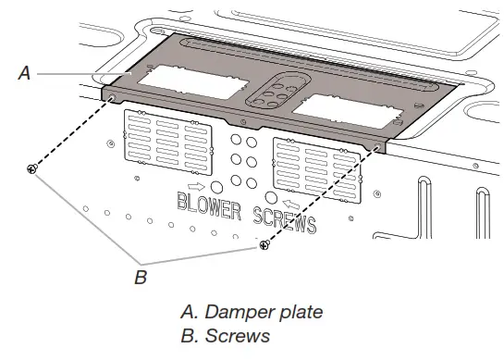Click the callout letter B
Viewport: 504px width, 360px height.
141,276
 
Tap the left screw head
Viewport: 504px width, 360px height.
32,168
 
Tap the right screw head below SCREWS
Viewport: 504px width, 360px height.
265,243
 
